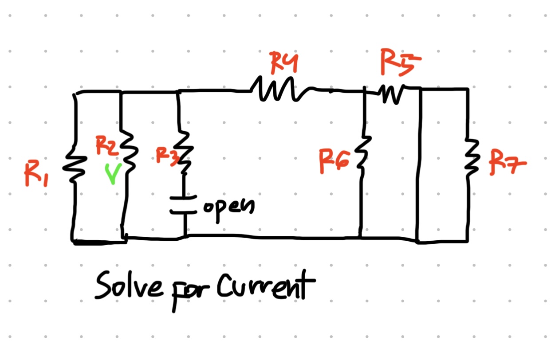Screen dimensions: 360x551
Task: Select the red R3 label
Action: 165,156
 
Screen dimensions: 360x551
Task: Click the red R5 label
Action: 399,63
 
